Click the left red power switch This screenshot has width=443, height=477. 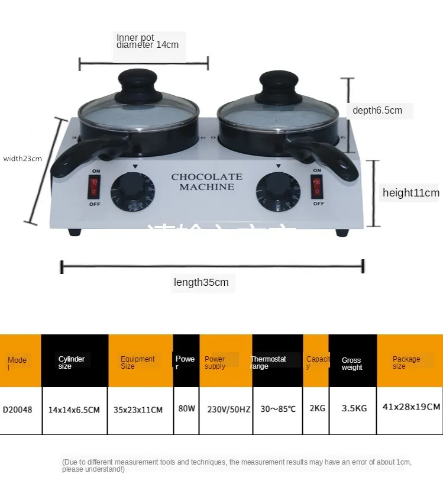(94, 187)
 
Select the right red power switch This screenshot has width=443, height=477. (318, 187)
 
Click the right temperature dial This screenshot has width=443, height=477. (277, 193)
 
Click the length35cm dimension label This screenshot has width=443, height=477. (201, 282)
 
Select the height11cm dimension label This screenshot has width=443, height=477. (410, 192)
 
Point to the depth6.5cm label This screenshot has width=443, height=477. (377, 110)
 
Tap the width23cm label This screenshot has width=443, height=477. (22, 158)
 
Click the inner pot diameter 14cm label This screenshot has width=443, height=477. (147, 41)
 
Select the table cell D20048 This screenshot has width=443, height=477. (20, 408)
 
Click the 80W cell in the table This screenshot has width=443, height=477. (186, 408)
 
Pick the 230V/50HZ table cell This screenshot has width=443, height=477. (225, 408)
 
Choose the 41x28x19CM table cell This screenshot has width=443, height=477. (410, 407)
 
